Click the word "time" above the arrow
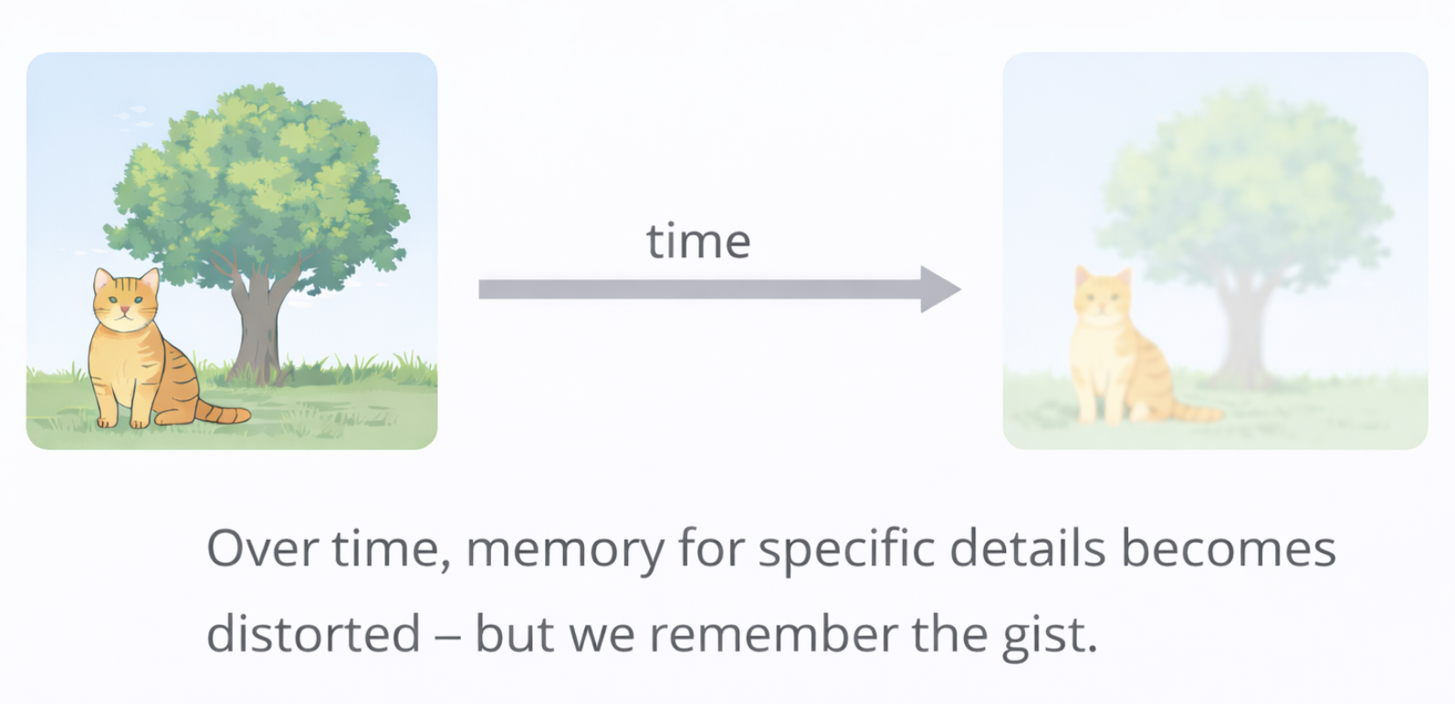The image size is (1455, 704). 698,242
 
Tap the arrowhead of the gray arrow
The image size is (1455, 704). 940,289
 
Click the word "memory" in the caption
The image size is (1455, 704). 564,550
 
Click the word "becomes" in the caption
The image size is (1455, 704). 1228,548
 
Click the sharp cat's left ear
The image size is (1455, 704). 103,279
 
